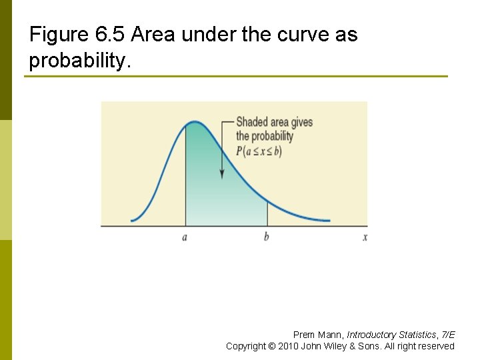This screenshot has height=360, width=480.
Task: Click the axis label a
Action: pos(185,238)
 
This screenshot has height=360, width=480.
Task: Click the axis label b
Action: pos(267,237)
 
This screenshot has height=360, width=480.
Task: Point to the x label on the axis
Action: pos(365,237)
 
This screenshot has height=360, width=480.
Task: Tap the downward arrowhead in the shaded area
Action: pos(222,175)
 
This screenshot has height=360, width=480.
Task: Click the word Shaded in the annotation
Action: pos(252,122)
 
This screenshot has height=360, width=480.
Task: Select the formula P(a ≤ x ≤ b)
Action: pos(259,151)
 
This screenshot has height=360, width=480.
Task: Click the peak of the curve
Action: pos(193,122)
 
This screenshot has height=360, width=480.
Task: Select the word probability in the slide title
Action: pos(78,61)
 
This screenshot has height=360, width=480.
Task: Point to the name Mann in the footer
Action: pos(331,335)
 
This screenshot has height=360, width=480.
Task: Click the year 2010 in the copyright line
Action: pos(288,346)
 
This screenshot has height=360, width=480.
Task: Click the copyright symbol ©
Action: pos(271,346)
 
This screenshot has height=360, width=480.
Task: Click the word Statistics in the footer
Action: pos(417,335)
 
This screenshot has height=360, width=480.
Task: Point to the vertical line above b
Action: pos(267,213)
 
